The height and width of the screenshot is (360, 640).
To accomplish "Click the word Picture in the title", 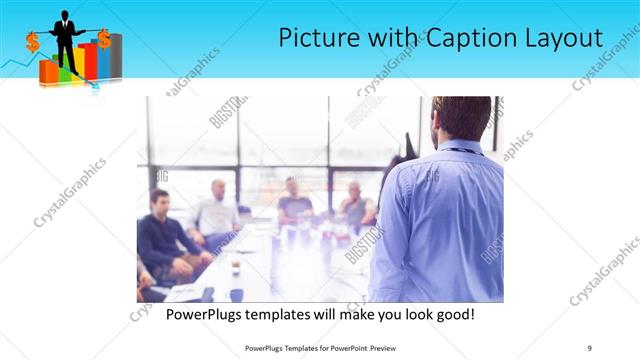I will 318,39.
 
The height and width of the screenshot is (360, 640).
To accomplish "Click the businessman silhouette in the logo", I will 67,35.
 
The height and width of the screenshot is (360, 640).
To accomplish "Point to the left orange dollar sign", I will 33,41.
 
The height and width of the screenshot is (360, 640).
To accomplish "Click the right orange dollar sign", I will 103,37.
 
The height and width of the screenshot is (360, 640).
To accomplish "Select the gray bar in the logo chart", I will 116,56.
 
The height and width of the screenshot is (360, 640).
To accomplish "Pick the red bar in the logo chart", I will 89,61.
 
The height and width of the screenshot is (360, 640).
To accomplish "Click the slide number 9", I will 590,347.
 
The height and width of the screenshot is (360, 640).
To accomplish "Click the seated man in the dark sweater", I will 163,236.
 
